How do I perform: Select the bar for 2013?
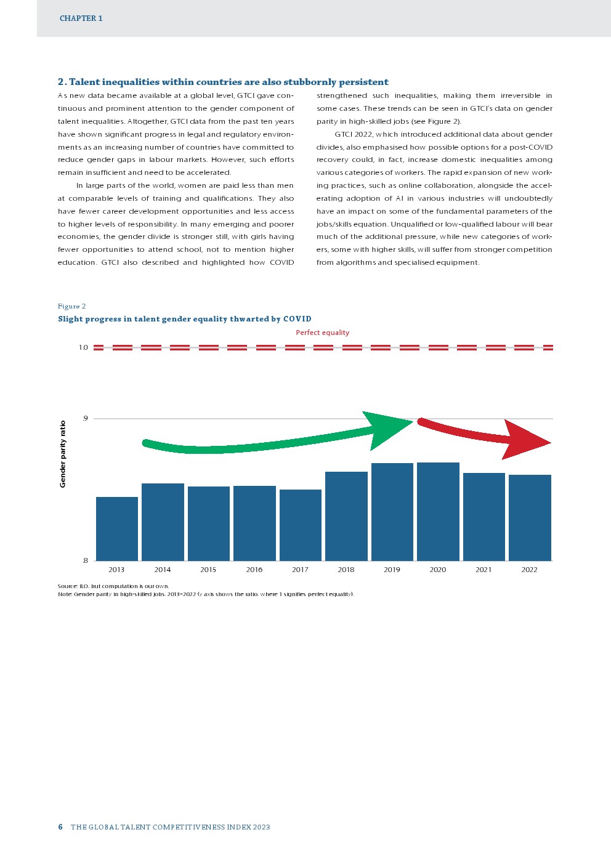[117, 528]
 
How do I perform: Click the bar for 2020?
[438, 511]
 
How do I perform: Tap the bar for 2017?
[301, 525]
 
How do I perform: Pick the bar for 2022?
[530, 517]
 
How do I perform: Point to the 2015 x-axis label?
[208, 570]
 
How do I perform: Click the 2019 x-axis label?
[392, 570]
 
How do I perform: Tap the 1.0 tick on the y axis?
[83, 347]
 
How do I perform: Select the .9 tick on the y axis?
[85, 419]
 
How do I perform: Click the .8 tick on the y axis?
[85, 560]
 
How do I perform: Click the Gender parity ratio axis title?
[63, 454]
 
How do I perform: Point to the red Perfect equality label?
[322, 333]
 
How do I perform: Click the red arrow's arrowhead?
[524, 440]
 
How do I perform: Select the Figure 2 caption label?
[71, 306]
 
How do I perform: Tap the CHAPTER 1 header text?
[81, 18]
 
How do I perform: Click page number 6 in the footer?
[60, 827]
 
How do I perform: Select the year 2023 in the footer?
[261, 827]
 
